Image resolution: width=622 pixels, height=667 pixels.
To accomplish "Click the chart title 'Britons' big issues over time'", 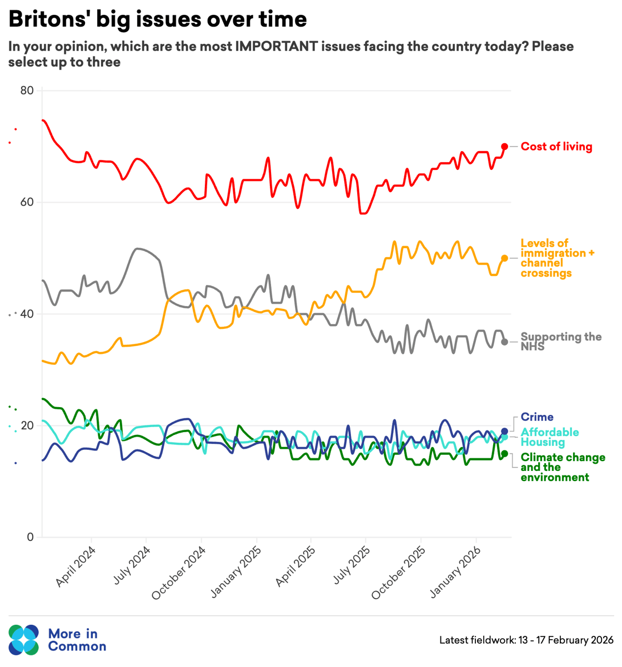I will point(157,19).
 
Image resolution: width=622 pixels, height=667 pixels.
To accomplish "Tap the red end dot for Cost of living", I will point(504,147).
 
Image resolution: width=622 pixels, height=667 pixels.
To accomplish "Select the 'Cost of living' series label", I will point(556,147).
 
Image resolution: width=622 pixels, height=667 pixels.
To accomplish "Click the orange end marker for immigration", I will point(504,258).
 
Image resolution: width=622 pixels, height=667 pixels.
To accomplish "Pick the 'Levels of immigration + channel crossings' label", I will point(556,258).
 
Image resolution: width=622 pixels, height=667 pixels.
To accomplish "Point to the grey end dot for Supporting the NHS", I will point(504,342).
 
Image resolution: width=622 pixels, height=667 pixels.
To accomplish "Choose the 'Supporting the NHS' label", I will point(560,342).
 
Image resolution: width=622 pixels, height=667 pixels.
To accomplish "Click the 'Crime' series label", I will point(536,417).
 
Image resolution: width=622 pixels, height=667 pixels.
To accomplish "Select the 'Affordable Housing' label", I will point(549,437).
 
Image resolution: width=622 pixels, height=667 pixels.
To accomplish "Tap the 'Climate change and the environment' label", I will point(562,467).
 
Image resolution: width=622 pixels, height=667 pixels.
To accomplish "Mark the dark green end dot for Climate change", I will point(504,454).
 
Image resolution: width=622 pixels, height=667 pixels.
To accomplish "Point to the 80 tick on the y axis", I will point(27,91).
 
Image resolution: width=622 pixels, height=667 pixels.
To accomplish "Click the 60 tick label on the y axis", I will point(27,202).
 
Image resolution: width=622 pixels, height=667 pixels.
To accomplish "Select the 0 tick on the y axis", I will point(30,537).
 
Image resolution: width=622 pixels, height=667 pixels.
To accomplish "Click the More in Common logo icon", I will point(24,640).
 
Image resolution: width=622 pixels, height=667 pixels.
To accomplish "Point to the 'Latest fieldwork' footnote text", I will point(526,640).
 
